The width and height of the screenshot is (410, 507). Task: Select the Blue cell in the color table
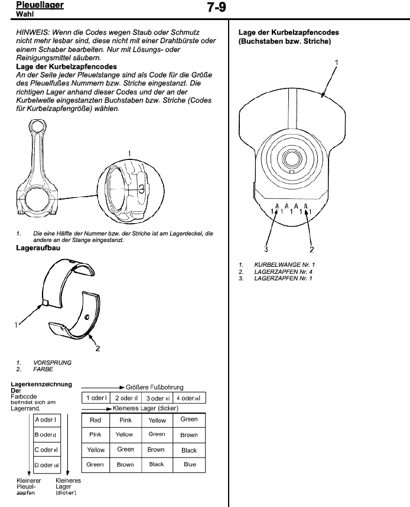point(189,465)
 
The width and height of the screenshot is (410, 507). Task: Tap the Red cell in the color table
point(95,420)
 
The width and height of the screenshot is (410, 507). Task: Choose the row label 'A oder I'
point(46,420)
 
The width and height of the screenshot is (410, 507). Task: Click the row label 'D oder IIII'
point(46,465)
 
